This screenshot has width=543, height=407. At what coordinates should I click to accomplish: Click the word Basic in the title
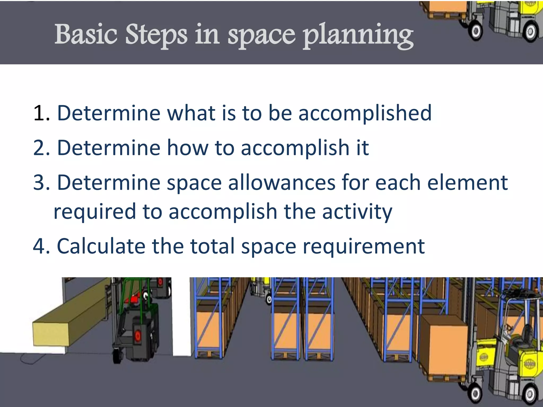pyautogui.click(x=85, y=34)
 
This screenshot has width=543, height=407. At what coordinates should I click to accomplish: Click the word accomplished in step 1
pyautogui.click(x=365, y=113)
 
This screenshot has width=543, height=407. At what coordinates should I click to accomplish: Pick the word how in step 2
pyautogui.click(x=187, y=148)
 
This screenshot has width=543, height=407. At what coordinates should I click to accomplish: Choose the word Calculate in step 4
pyautogui.click(x=101, y=246)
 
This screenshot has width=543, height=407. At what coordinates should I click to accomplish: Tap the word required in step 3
pyautogui.click(x=95, y=212)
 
